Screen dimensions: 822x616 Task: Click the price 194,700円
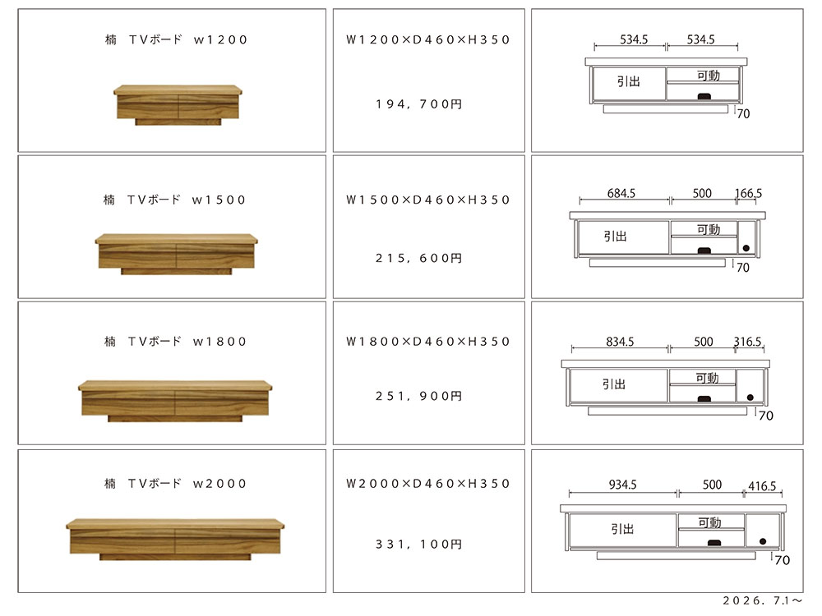419,104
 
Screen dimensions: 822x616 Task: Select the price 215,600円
419,258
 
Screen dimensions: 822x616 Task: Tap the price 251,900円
419,396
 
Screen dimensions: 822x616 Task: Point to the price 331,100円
419,545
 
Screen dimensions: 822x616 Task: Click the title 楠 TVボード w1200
176,39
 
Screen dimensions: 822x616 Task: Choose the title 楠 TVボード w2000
175,484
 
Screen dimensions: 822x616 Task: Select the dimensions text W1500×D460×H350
427,200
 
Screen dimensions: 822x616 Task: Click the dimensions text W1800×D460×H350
427,342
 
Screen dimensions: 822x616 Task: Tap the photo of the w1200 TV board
178,105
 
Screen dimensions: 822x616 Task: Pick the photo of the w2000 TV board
175,540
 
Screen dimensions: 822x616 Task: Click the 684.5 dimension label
621,193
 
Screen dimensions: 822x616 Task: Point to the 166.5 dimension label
749,193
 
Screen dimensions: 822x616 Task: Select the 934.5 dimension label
623,485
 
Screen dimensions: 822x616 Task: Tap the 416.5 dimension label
762,486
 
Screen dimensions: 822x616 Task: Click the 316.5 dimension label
747,342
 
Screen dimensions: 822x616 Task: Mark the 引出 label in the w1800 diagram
614,384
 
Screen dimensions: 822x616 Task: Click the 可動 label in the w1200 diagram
709,76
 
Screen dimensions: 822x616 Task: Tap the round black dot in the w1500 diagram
746,248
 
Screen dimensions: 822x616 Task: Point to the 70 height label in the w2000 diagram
783,560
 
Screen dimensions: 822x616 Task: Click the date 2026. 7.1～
763,601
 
